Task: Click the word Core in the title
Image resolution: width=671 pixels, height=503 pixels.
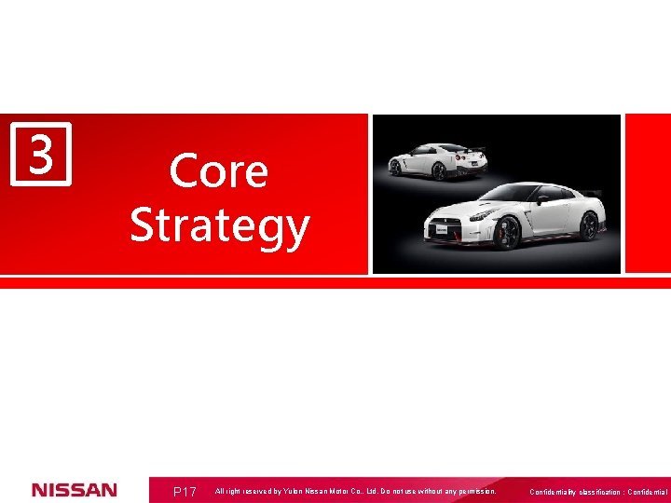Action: [x=218, y=171]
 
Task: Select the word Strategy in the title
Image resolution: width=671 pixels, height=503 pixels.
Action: [x=220, y=226]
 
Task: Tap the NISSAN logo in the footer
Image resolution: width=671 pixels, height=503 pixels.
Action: [x=75, y=490]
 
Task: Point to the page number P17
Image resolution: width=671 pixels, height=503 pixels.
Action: [x=185, y=491]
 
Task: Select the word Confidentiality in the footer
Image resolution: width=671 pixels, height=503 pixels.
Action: [x=556, y=492]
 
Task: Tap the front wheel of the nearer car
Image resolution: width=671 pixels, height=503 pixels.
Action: [x=507, y=232]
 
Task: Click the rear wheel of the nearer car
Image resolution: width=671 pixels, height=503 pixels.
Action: [x=589, y=224]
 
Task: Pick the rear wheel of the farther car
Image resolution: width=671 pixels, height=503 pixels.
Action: [x=439, y=171]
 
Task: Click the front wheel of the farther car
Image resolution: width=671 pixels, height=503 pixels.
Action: [x=395, y=168]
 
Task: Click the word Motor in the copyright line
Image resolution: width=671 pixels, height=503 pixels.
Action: [x=345, y=491]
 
